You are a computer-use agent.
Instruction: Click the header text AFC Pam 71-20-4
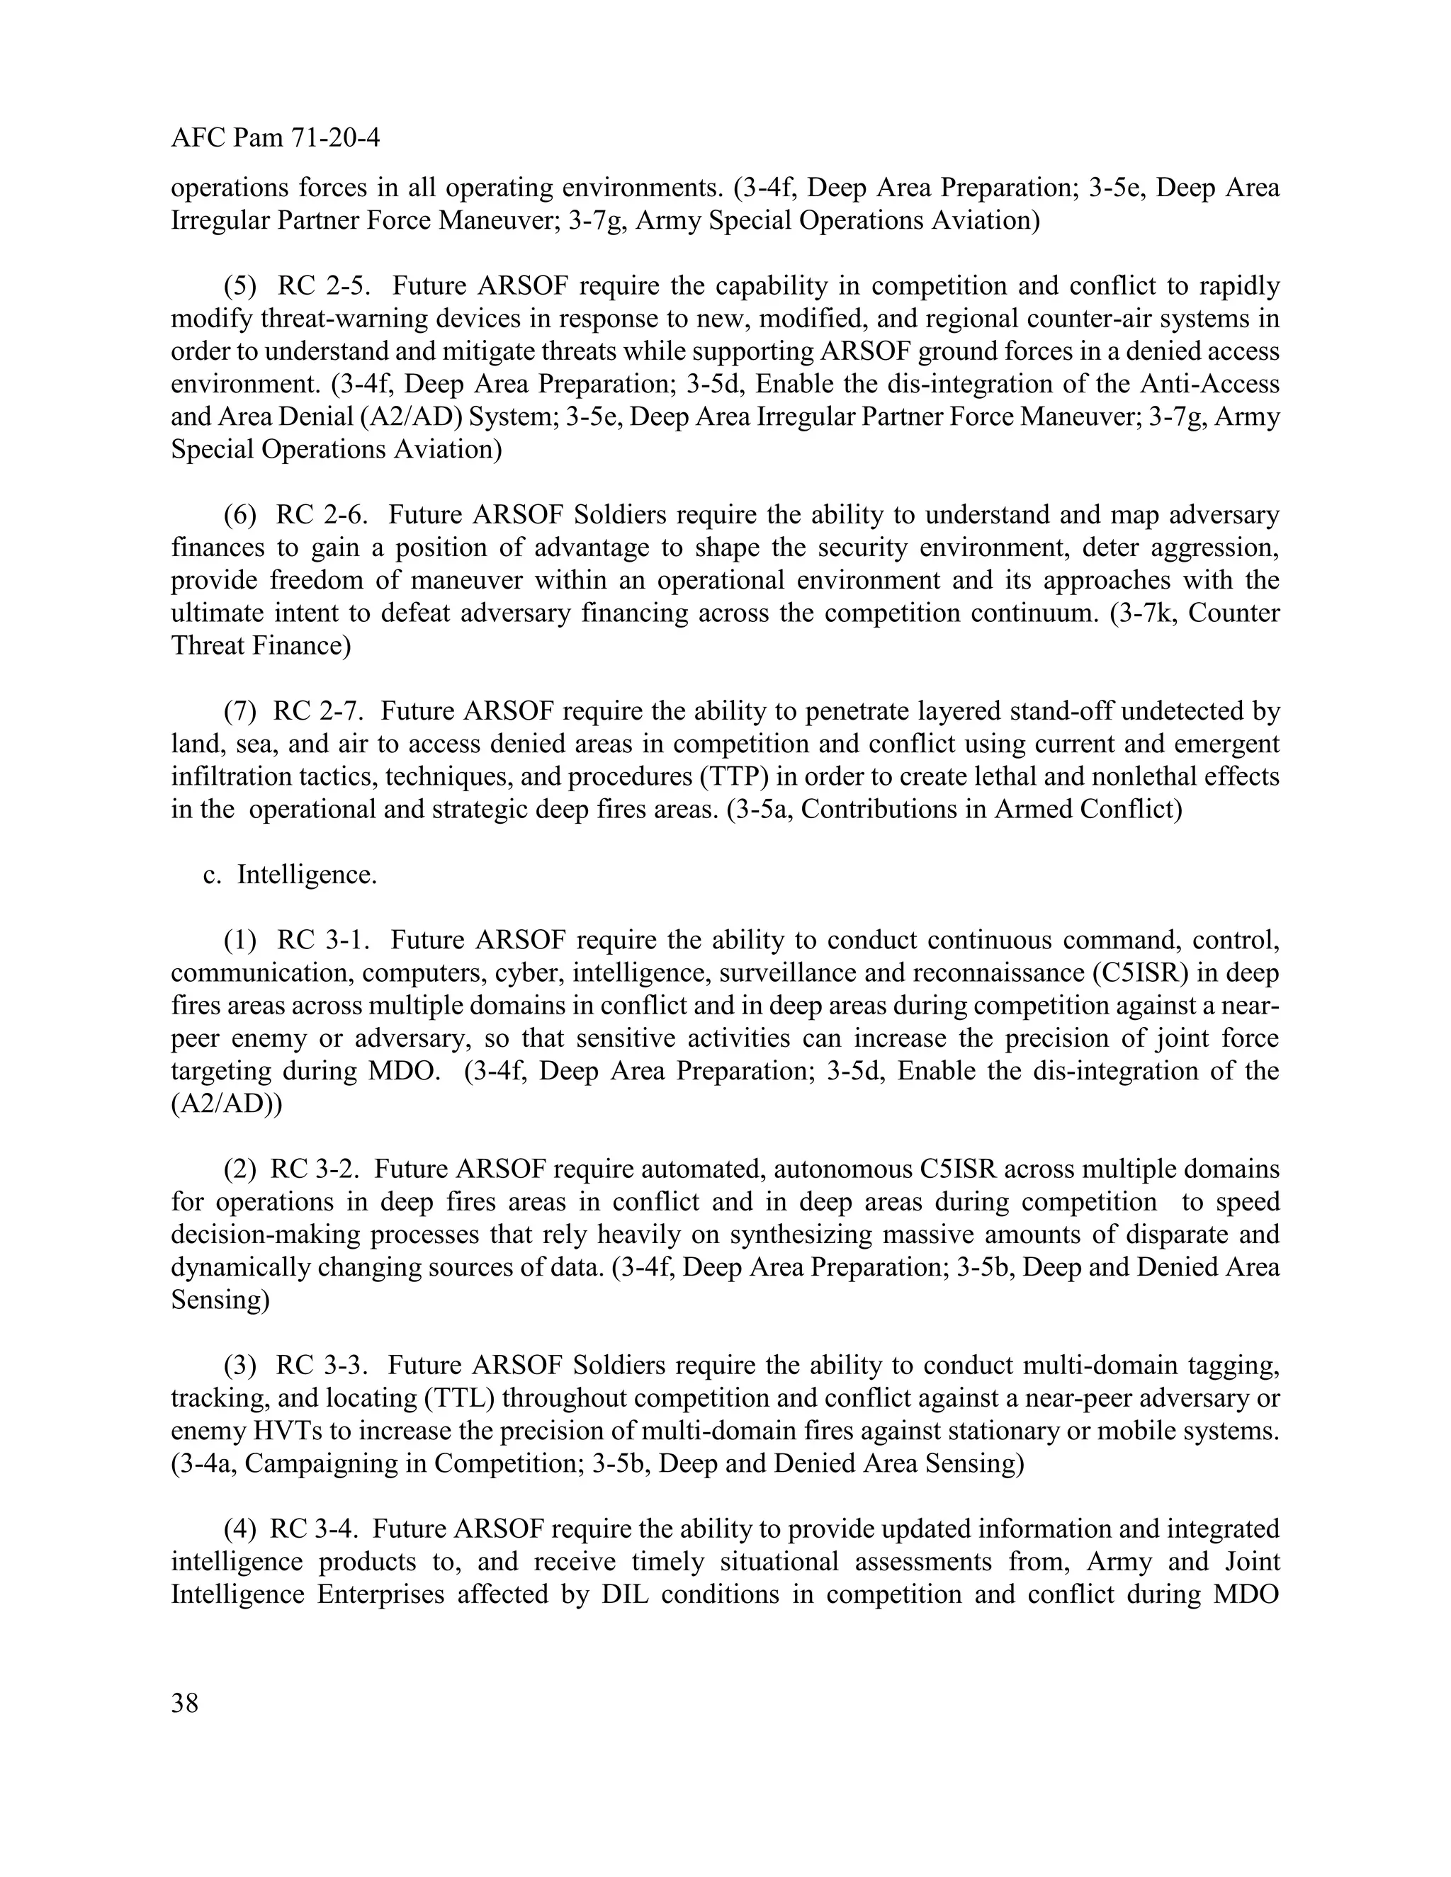pyautogui.click(x=275, y=137)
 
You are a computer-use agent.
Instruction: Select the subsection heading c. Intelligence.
pyautogui.click(x=290, y=875)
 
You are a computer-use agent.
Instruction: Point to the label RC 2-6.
pyautogui.click(x=322, y=515)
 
